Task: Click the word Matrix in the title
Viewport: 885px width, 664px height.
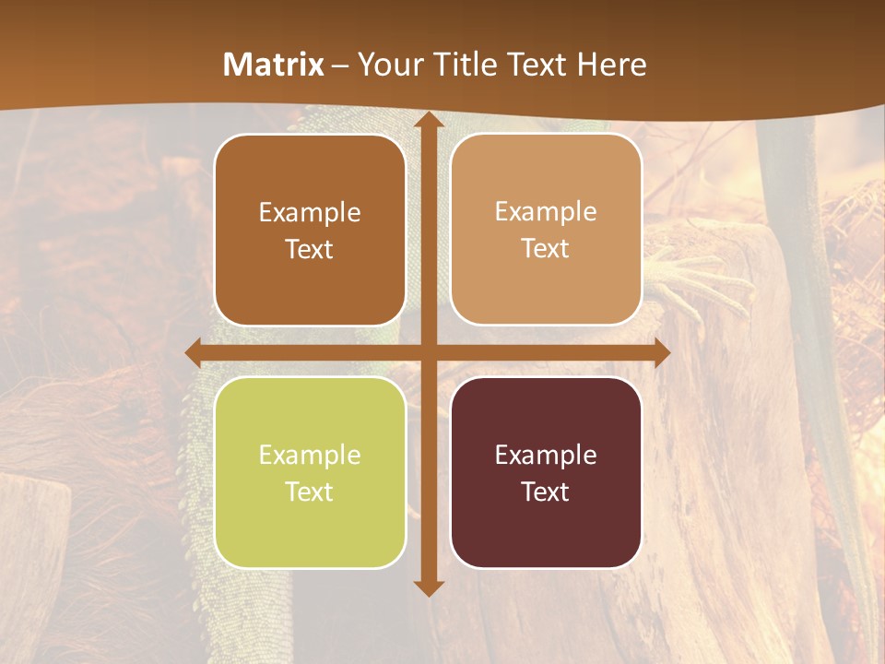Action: click(274, 65)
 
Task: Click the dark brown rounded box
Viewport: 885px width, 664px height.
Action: click(310, 230)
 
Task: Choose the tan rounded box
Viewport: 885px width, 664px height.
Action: click(546, 230)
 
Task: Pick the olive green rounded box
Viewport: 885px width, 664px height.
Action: click(310, 472)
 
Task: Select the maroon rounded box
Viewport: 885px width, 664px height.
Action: click(546, 472)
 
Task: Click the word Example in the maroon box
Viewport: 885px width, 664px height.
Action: click(546, 455)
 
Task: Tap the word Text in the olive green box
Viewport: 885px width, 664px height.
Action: click(309, 492)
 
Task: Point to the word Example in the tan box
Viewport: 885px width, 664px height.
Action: click(546, 212)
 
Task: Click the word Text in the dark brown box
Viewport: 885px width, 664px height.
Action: click(309, 249)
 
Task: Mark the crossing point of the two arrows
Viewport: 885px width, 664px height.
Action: click(429, 352)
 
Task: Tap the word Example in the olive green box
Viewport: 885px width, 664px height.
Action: click(310, 455)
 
